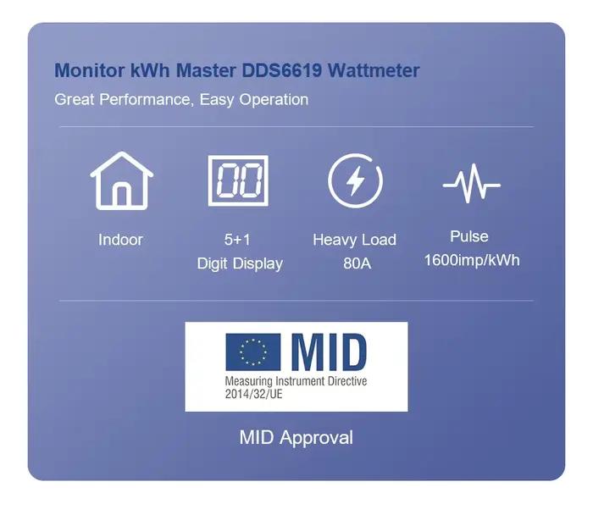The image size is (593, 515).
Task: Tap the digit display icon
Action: (238, 180)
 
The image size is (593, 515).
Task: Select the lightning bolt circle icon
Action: (355, 180)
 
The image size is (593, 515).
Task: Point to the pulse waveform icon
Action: (472, 184)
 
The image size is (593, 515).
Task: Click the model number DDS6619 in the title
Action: (282, 70)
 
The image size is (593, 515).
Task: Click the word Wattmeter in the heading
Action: (374, 70)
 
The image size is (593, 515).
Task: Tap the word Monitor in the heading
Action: (90, 70)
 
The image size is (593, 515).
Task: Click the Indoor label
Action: (120, 240)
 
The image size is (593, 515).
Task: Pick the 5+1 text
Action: (237, 240)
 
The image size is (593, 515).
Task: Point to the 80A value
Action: (357, 263)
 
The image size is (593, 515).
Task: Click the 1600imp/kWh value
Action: (472, 260)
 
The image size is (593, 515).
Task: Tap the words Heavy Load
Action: (355, 240)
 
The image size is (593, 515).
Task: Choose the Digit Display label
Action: (240, 264)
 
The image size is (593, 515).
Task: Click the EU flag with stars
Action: (253, 352)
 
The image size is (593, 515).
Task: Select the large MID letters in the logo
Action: (329, 352)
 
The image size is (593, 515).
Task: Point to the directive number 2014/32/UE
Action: (254, 394)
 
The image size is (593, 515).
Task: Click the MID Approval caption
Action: (296, 438)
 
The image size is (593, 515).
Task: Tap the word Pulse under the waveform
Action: (469, 236)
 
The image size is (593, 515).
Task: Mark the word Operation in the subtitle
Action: (274, 100)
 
